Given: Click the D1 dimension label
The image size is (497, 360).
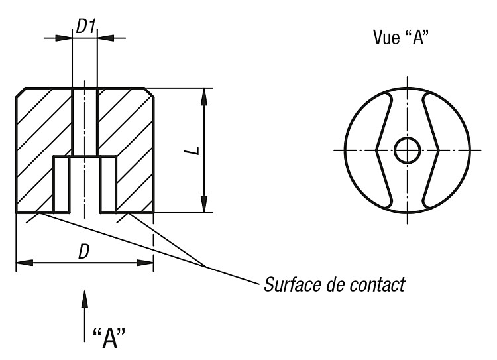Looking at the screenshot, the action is (x=86, y=27).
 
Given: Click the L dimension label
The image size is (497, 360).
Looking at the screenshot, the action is (x=196, y=150).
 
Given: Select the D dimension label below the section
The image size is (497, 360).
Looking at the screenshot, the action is (x=83, y=252).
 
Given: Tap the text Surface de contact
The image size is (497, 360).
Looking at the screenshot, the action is (x=335, y=284).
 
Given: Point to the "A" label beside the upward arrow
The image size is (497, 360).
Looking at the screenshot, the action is (x=109, y=338).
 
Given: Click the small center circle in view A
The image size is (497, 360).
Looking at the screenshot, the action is (x=408, y=150).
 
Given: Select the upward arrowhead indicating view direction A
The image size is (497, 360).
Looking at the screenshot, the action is (x=85, y=299).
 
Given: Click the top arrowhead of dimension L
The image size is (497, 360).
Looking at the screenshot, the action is (x=205, y=96).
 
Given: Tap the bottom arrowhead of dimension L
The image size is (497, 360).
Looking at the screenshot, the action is (x=205, y=204).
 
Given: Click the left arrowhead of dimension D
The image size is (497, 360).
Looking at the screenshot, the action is (x=25, y=263).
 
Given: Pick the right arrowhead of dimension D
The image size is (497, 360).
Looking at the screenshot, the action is (x=145, y=263).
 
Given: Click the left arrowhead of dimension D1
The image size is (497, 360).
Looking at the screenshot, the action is (x=64, y=38).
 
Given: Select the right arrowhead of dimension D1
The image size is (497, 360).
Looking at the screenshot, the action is (x=105, y=38).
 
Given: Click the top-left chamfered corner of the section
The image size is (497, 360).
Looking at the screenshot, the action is (x=21, y=92).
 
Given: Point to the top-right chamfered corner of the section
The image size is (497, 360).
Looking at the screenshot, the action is (x=149, y=92).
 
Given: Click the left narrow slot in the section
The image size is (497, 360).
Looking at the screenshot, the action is (x=61, y=184).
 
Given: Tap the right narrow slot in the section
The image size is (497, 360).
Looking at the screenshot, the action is (x=108, y=184).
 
